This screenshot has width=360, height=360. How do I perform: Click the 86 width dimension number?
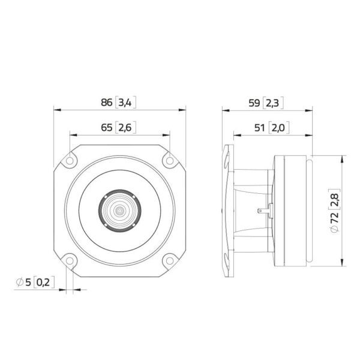click(107, 103)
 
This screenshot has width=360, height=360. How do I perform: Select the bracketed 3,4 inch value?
click(125, 103)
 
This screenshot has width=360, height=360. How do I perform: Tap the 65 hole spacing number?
click(107, 127)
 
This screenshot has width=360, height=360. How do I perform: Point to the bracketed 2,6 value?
click(125, 127)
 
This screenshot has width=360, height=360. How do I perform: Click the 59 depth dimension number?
click(254, 103)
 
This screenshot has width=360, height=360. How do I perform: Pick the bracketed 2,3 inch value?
click(272, 103)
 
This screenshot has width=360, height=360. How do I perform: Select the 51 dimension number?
click(260, 128)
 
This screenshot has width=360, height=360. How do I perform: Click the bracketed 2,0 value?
click(278, 128)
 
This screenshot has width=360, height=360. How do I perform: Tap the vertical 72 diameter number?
click(335, 218)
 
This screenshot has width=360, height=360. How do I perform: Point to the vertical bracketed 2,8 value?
click(335, 199)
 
